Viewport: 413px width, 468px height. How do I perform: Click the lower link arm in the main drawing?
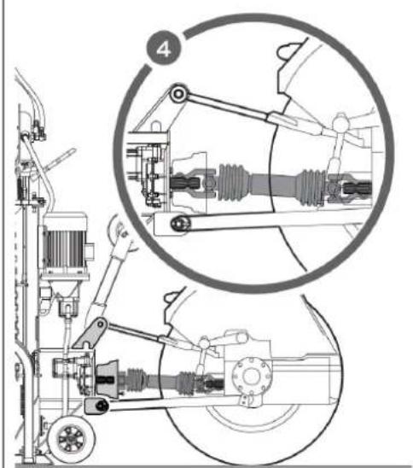[x=171, y=407]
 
